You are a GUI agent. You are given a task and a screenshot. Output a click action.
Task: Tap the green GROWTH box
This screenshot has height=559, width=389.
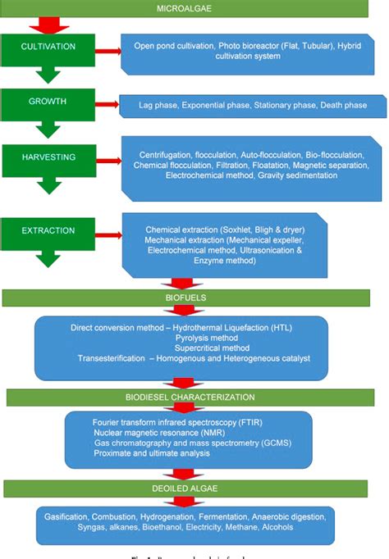pyautogui.click(x=49, y=102)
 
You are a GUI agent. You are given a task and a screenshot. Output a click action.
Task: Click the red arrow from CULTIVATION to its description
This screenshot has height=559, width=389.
pyautogui.click(x=105, y=52)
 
